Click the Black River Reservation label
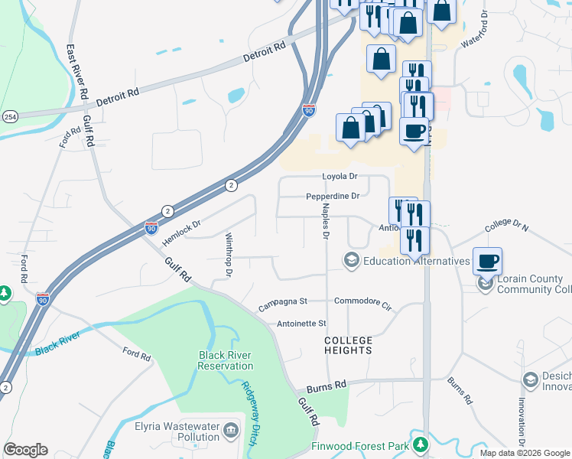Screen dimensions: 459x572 pyautogui.click(x=226, y=360)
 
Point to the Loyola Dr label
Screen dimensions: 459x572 pyautogui.click(x=340, y=176)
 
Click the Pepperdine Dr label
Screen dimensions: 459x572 pyautogui.click(x=333, y=197)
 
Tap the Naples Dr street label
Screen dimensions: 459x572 pyautogui.click(x=325, y=222)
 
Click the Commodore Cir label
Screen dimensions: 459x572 pyautogui.click(x=362, y=301)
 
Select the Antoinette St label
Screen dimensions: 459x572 pyautogui.click(x=301, y=324)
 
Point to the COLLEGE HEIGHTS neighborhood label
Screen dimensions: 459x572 pyautogui.click(x=348, y=345)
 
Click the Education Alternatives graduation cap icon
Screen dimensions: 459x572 pyautogui.click(x=352, y=261)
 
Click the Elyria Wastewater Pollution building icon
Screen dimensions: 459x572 pyautogui.click(x=230, y=432)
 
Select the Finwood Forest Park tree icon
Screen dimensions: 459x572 pyautogui.click(x=419, y=444)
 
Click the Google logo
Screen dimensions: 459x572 pyautogui.click(x=25, y=450)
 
